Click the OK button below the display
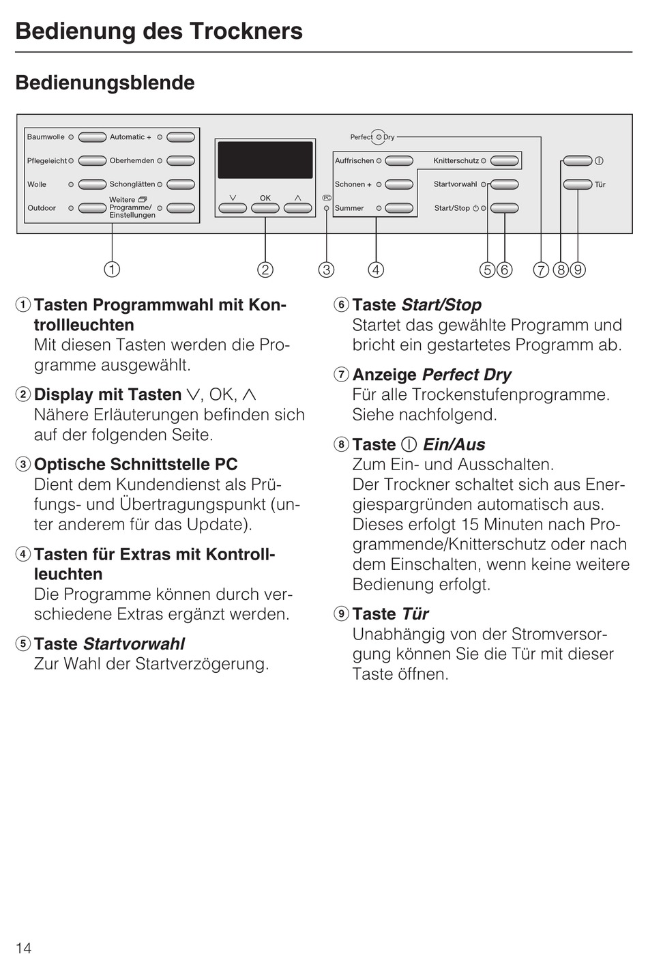(x=265, y=207)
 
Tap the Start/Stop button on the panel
(x=504, y=208)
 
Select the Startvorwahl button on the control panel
(x=504, y=184)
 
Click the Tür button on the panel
(x=577, y=184)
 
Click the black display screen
(x=265, y=160)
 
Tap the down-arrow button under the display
(x=233, y=207)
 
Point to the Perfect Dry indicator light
(x=379, y=137)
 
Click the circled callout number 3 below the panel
(x=327, y=270)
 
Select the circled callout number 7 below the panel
(x=541, y=270)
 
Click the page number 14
(x=23, y=947)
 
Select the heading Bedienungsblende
(x=105, y=83)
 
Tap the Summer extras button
(x=400, y=208)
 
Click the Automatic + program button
(x=181, y=137)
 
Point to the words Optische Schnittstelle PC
(x=136, y=464)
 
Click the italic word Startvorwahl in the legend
(x=134, y=644)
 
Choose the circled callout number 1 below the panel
(x=112, y=270)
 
